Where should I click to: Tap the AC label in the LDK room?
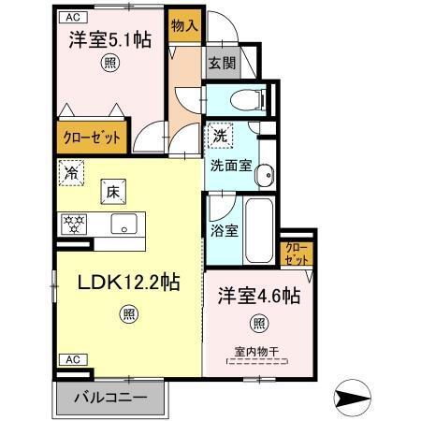click(x=70, y=359)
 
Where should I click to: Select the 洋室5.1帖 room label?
click(x=110, y=40)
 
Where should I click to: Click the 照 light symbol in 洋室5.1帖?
click(x=109, y=65)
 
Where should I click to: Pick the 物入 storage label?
click(x=183, y=26)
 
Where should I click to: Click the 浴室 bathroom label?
click(x=225, y=230)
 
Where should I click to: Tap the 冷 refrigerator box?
click(x=70, y=172)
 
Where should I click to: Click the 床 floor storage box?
click(x=109, y=192)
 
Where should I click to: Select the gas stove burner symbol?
click(x=73, y=225)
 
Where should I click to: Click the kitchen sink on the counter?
click(x=123, y=225)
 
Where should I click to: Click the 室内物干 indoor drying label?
click(x=255, y=352)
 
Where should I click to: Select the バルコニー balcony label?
click(x=110, y=398)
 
